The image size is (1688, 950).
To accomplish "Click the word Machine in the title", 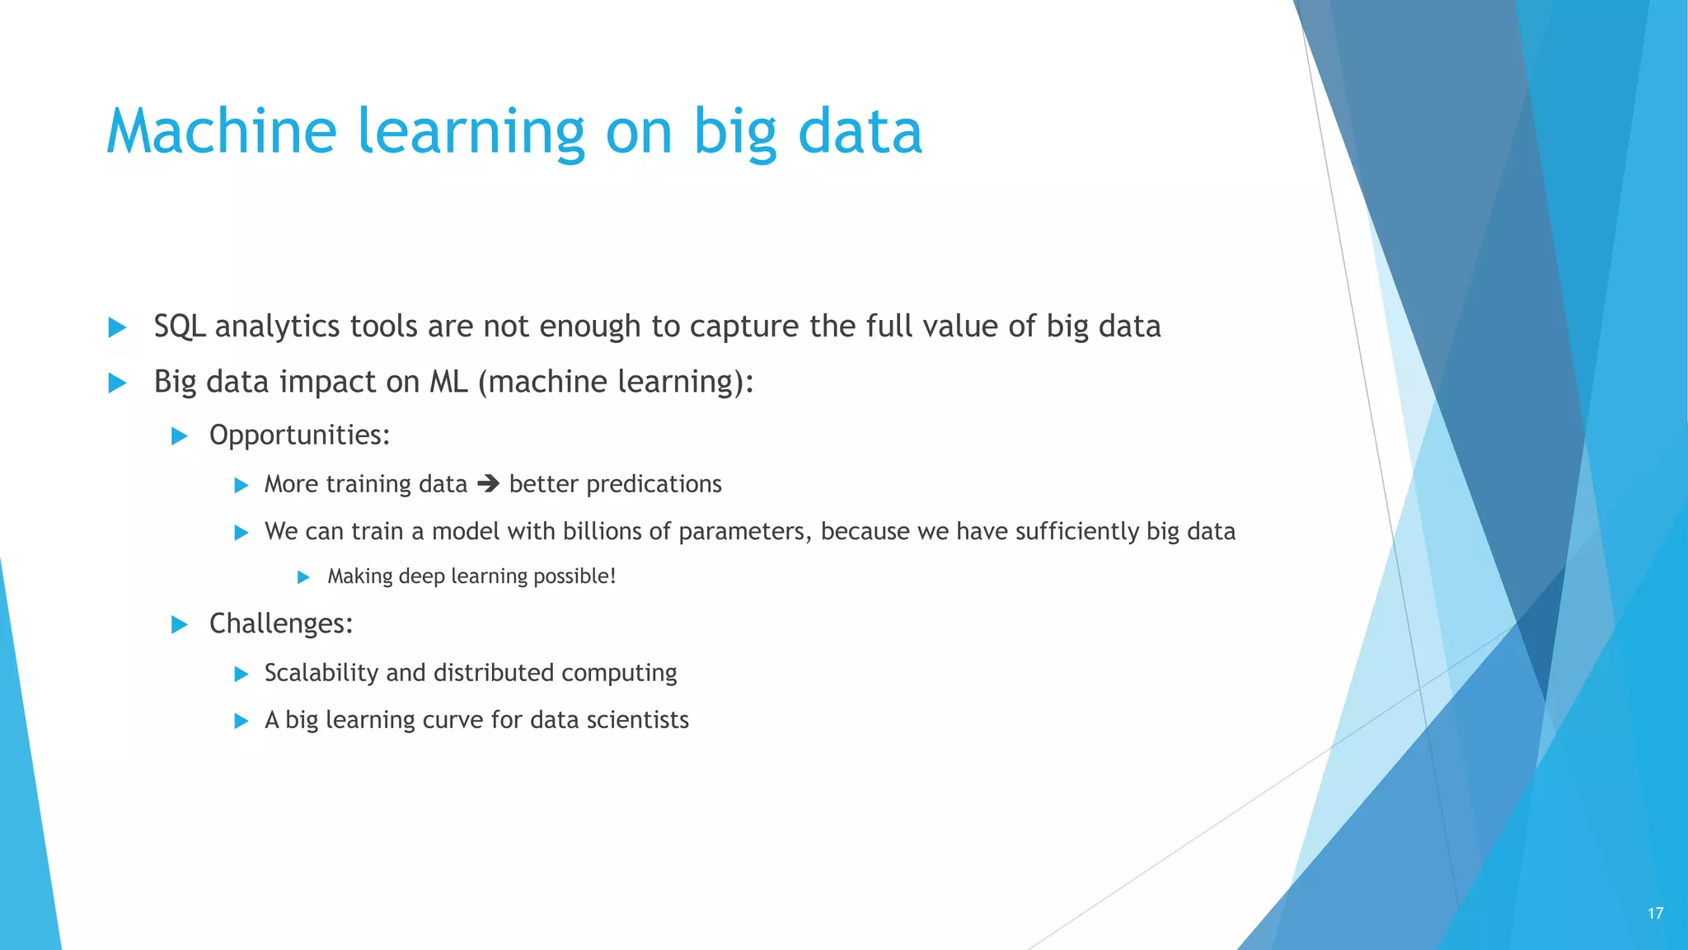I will coord(221,132).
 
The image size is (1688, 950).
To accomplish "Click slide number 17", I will coord(1655,913).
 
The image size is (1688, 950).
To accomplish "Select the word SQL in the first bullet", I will coord(179,327).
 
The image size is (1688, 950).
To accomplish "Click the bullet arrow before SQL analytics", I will coord(118,328).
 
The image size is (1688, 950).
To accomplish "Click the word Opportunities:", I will coord(299,435).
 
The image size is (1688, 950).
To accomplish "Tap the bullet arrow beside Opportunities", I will coord(180,436).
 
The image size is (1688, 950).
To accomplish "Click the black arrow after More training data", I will coord(488,483).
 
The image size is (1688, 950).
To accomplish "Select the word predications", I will coord(654,484).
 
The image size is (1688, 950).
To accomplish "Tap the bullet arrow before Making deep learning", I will coord(303,577).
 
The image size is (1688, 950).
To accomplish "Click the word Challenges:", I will coord(280,623).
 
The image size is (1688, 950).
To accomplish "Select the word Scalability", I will coord(321,673).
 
